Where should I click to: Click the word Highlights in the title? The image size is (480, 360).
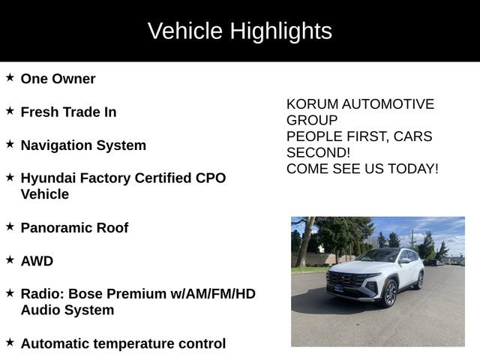[x=280, y=31]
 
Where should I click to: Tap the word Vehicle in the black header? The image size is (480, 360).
[x=184, y=31]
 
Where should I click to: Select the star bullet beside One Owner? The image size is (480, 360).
[x=10, y=77]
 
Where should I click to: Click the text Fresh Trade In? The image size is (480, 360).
[x=68, y=112]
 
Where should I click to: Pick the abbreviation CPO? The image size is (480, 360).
[x=209, y=178]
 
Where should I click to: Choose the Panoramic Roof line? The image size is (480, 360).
[x=74, y=227]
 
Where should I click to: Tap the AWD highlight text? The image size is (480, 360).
[x=37, y=261]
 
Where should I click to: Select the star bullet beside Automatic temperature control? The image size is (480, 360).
[x=10, y=341]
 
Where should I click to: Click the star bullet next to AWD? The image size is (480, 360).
[x=10, y=259]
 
